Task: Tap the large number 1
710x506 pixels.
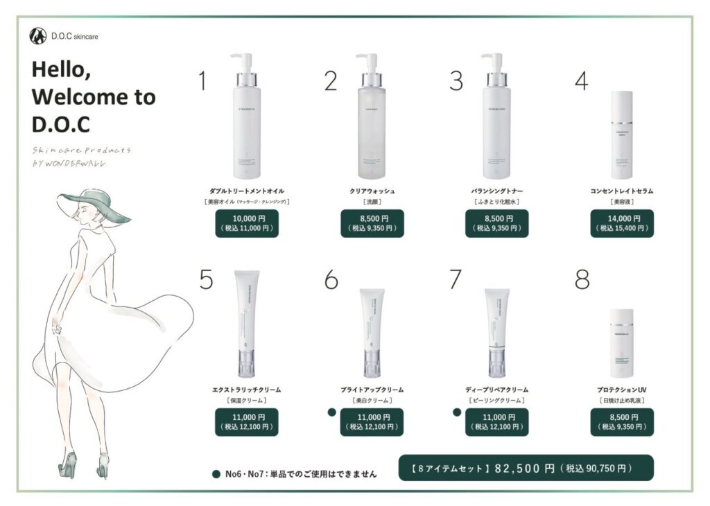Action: click(x=202, y=82)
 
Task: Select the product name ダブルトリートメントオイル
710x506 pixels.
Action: click(x=246, y=191)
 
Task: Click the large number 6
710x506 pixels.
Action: click(x=331, y=280)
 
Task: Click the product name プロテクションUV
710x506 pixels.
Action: click(x=622, y=390)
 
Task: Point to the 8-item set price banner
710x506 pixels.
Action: click(x=526, y=469)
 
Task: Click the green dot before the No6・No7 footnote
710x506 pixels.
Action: click(x=216, y=475)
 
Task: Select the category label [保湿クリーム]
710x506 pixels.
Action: click(x=246, y=401)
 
